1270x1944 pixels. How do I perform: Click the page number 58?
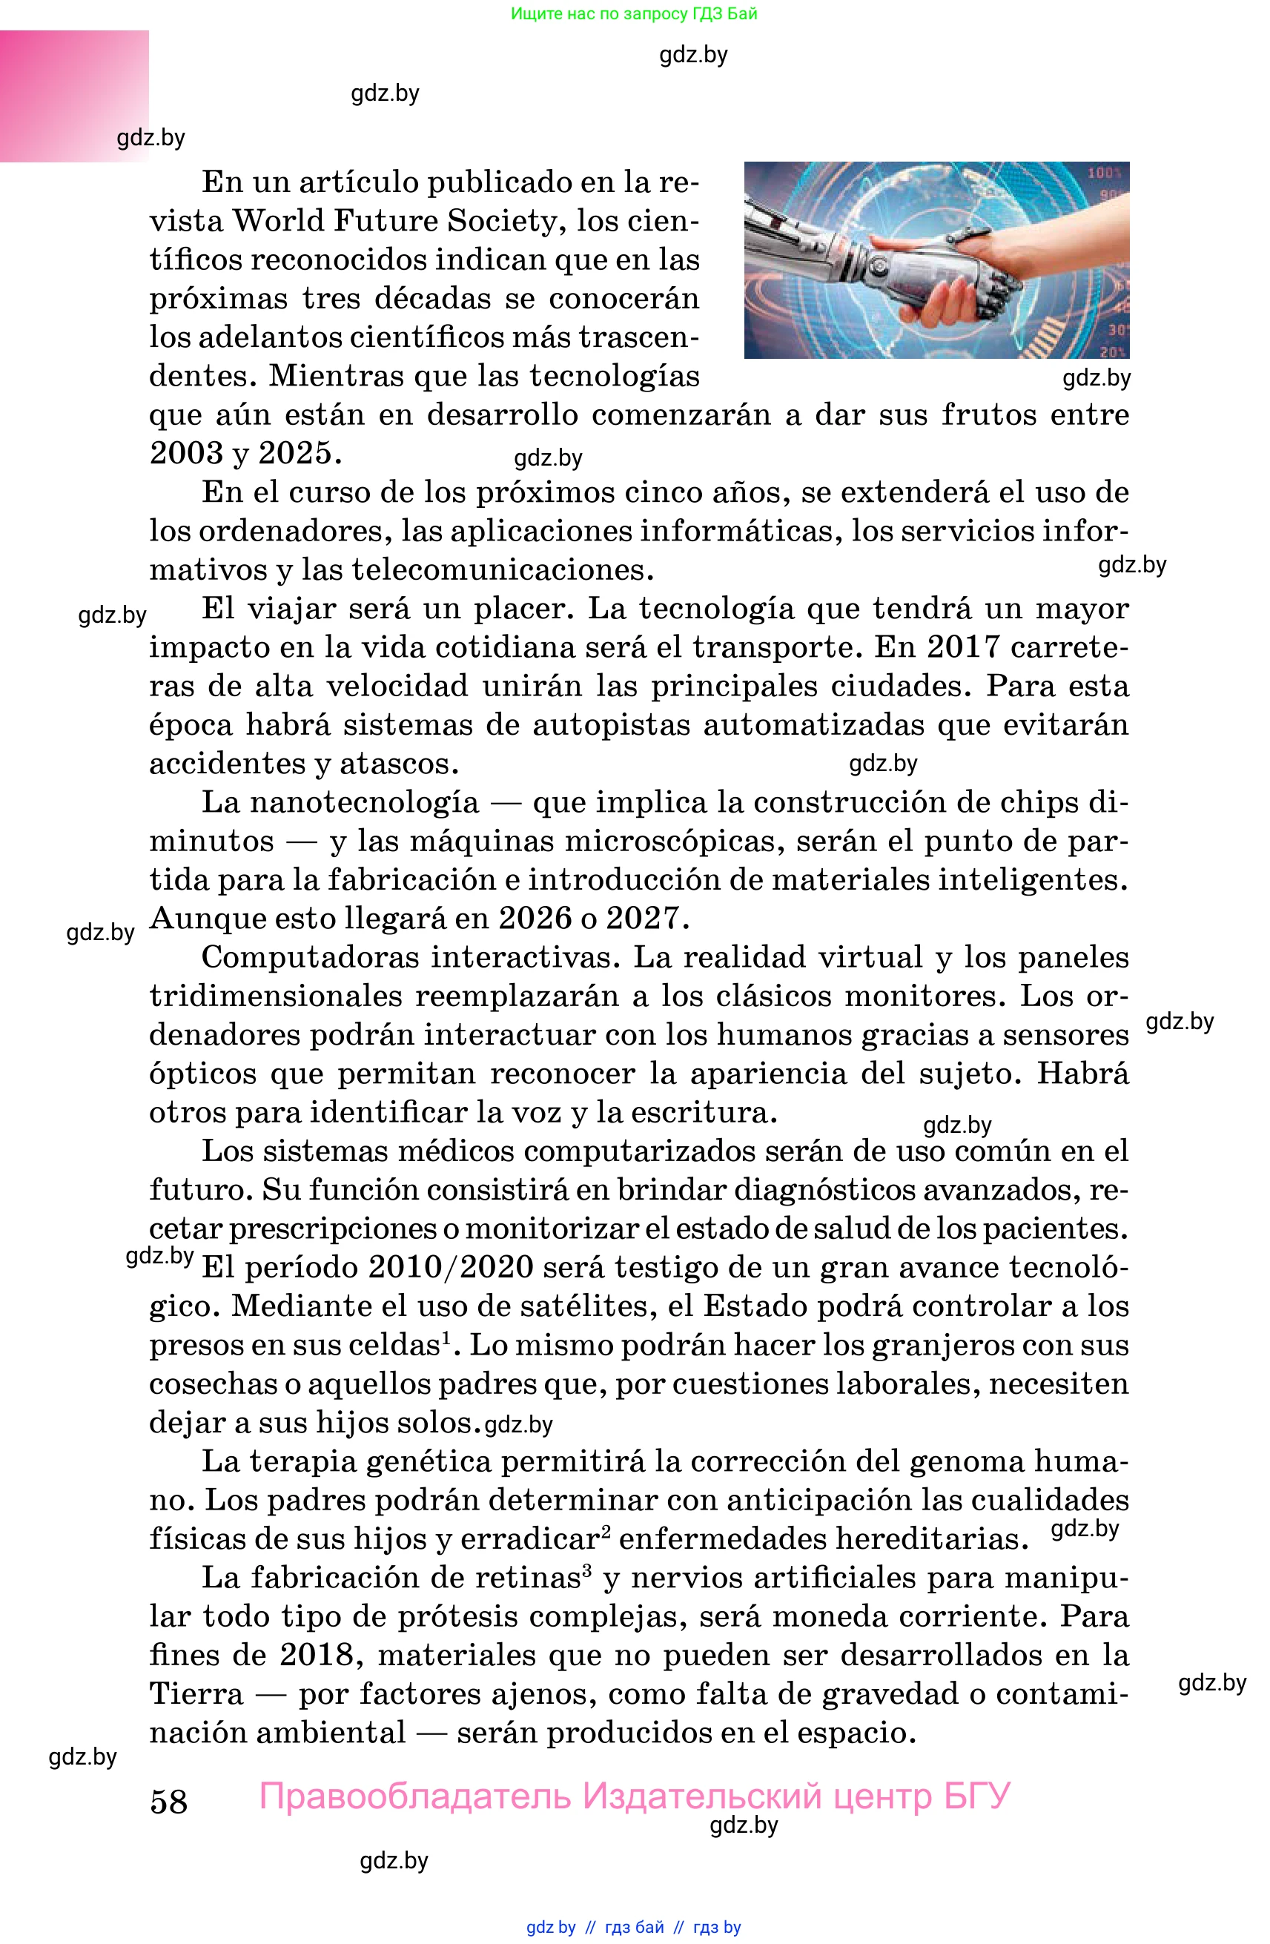pyautogui.click(x=168, y=1801)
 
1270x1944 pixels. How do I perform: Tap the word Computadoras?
pyautogui.click(x=310, y=957)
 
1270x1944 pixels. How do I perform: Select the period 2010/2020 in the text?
pyautogui.click(x=451, y=1267)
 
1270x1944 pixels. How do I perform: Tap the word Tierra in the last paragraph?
pyautogui.click(x=196, y=1693)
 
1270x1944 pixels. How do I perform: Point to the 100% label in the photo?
pyautogui.click(x=1104, y=173)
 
